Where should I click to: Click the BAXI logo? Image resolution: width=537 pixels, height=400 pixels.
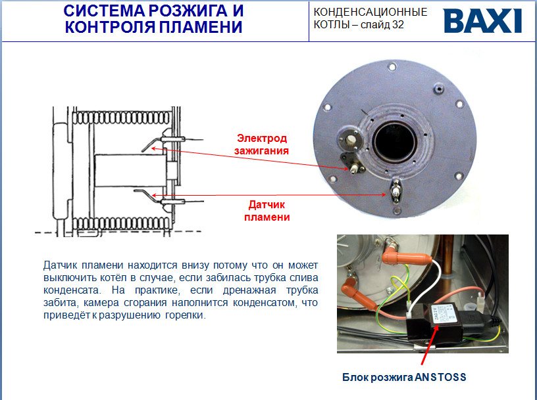pos(482,21)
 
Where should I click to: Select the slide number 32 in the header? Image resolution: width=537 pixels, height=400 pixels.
pos(398,24)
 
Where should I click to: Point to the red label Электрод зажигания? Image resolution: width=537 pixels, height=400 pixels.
pos(262,144)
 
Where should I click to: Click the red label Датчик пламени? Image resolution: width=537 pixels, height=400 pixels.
pos(267,211)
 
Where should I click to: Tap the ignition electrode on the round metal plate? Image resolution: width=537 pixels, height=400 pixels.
pos(354,168)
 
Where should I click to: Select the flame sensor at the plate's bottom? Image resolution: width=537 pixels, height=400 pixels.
pos(396,191)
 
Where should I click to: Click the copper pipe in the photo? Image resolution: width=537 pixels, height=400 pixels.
pos(447,261)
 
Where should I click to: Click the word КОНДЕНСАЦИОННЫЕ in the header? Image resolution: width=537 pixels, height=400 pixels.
pos(371,12)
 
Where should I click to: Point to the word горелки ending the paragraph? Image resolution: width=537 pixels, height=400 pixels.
pos(186,315)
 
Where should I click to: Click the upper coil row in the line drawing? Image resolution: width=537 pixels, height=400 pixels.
pos(122,118)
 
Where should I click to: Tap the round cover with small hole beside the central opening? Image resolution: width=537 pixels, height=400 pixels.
pos(350,139)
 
